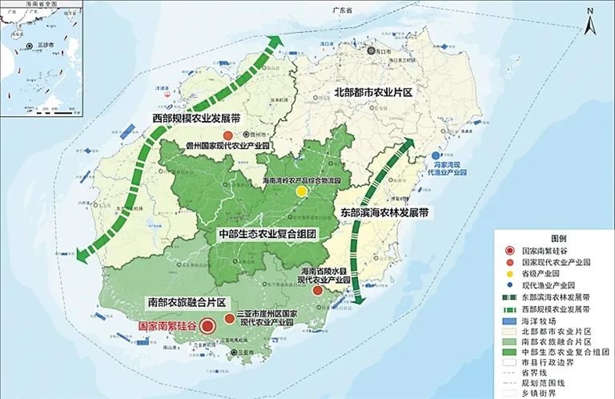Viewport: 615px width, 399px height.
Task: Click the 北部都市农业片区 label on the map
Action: click(x=372, y=94)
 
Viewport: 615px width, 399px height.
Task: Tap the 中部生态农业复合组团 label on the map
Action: click(x=268, y=234)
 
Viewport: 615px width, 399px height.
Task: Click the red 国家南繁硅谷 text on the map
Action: click(x=167, y=326)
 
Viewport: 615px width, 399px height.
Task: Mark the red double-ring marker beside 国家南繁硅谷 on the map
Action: click(x=207, y=326)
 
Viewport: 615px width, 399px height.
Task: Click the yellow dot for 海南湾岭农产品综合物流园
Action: click(x=301, y=192)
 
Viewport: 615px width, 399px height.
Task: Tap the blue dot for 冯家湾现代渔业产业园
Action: click(x=436, y=156)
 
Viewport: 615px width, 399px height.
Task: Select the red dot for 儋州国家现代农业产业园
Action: click(x=228, y=135)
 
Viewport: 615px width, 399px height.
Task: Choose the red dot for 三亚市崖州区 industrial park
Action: click(x=230, y=319)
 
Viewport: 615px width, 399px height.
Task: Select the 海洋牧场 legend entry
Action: click(x=537, y=320)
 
